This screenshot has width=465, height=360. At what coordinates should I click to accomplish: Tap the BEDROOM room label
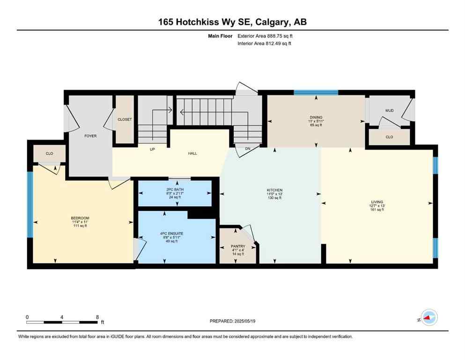[80, 218]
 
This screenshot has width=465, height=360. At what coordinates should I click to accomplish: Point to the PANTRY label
[238, 246]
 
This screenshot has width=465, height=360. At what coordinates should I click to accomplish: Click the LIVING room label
[376, 202]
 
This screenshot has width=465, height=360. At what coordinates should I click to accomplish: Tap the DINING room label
[316, 118]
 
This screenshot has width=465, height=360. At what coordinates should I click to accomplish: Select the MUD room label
[389, 111]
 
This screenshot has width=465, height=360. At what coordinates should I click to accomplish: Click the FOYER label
[90, 136]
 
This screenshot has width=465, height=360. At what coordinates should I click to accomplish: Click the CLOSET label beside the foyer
[125, 120]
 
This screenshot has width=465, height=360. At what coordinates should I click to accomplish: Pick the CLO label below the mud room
[389, 137]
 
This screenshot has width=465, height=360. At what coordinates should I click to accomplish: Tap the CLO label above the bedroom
[50, 153]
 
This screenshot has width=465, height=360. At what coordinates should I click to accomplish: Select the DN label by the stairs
[248, 150]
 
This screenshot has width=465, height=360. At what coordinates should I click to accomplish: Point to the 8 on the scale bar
[97, 316]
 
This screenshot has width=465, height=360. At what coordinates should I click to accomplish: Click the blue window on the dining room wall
[316, 92]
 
